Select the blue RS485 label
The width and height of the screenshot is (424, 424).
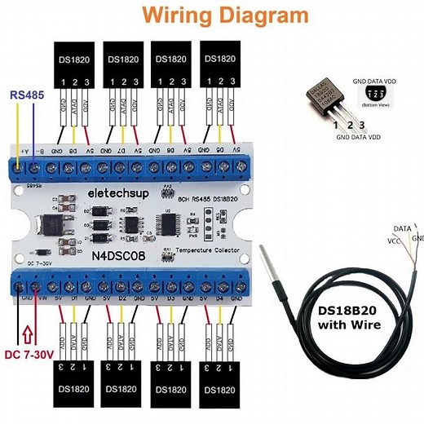point(28,95)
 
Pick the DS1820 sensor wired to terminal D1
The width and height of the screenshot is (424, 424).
point(74,386)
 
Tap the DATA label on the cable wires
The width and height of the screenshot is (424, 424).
point(402,231)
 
